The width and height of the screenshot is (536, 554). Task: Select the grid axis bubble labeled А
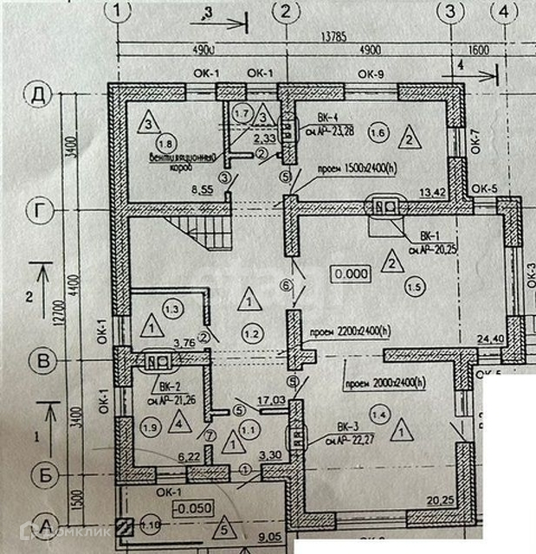pos(38,525)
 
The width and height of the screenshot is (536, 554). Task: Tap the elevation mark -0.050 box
pos(193,508)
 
